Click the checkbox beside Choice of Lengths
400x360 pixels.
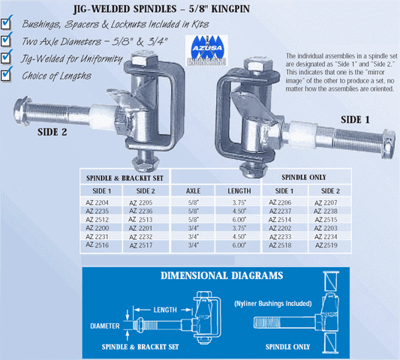[x=6, y=76]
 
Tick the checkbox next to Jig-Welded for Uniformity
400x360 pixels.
[x=6, y=58]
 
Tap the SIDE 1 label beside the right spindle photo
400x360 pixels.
[x=355, y=119]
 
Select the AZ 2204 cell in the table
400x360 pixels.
[x=98, y=203]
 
